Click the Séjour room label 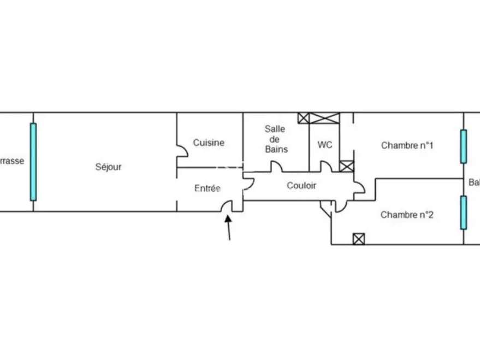(x=108, y=167)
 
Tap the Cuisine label (x=209, y=143)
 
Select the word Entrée (x=208, y=188)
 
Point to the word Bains (x=276, y=149)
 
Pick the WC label (x=325, y=145)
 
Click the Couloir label (x=301, y=186)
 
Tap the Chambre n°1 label (x=407, y=145)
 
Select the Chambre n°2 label (x=407, y=215)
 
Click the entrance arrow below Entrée (x=228, y=227)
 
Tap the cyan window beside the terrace (x=33, y=162)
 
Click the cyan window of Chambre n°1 (x=464, y=146)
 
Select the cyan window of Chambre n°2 (x=464, y=213)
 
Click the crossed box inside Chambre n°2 (x=359, y=239)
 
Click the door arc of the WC (x=326, y=166)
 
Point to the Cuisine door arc (x=181, y=152)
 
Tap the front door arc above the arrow (x=226, y=205)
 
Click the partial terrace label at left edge (x=11, y=162)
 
